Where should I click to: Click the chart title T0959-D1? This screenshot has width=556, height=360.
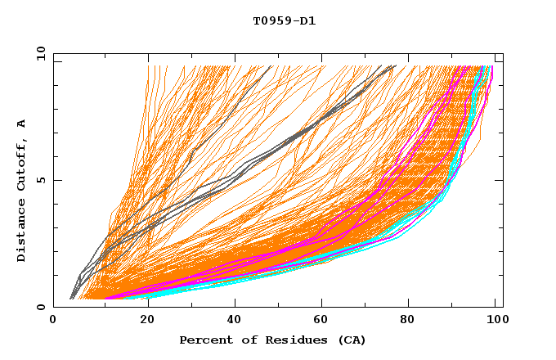click(x=284, y=21)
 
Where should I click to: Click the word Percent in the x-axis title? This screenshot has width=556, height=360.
click(x=204, y=340)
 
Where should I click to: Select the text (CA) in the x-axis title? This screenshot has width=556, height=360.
click(x=352, y=340)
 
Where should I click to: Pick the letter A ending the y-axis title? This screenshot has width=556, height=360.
click(x=22, y=123)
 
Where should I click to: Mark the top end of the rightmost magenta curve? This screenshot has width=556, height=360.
click(x=491, y=67)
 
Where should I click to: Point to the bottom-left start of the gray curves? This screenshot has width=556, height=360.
click(x=71, y=298)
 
